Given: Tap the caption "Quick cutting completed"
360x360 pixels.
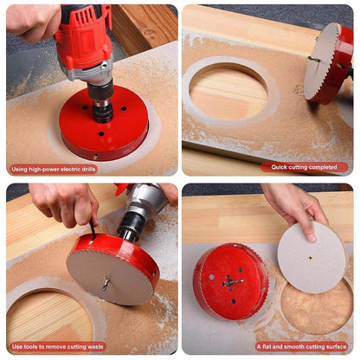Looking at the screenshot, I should [304, 167].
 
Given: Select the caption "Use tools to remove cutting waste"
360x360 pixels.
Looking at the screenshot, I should [57, 346].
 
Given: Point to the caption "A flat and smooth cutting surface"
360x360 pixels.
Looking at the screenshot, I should [302, 346].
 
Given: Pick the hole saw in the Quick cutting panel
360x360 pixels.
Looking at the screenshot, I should [329, 63].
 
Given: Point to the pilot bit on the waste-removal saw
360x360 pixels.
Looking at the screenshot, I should [106, 281].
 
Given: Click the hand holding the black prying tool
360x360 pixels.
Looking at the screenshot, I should [65, 203].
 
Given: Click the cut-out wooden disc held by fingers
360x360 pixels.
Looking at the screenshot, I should [310, 257].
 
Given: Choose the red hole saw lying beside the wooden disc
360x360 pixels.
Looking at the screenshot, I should [230, 281].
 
